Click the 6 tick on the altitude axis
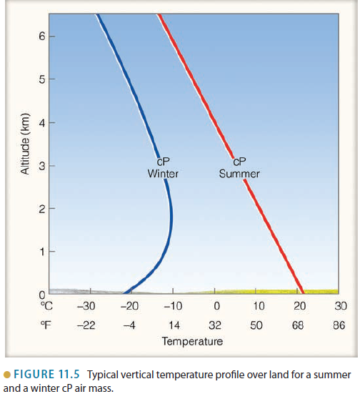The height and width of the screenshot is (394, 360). pos(42,36)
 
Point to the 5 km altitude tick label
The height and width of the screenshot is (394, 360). pos(42,79)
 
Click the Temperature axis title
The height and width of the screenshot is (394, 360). pos(192,341)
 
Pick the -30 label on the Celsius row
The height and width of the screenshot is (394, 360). pos(86,306)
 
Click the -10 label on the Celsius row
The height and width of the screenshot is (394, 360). pos(172,306)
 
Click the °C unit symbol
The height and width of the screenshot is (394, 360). pos(45,306)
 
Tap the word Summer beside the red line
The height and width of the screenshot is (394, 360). pos(239,174)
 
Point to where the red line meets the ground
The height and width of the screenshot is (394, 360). pos(302,292)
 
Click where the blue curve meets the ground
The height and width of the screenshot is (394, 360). pos(124,292)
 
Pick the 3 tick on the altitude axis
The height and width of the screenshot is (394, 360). pos(42,166)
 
